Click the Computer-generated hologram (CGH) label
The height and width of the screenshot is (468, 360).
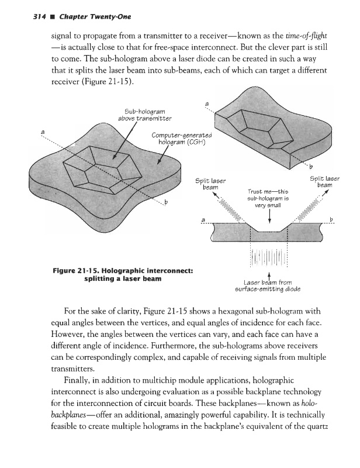coord(175,140)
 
